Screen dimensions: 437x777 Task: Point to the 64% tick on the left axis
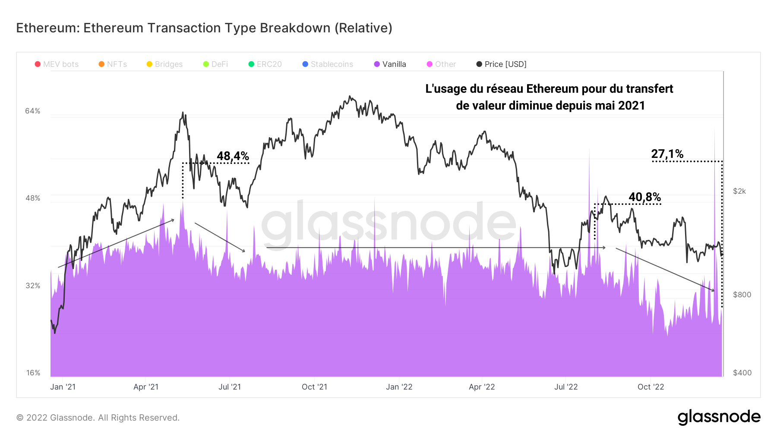pos(33,111)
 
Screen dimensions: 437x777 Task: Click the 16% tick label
pos(33,373)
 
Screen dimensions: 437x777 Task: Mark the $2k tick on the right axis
pos(739,191)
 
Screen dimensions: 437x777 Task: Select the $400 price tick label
pos(742,373)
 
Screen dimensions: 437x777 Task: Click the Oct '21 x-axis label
pos(314,387)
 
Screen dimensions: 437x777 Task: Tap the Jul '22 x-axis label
pos(566,387)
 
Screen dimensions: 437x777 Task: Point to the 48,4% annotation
pos(233,156)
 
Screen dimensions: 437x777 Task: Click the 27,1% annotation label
pos(667,154)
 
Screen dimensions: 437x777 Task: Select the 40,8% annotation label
pos(645,197)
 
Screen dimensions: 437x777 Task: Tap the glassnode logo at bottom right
pos(719,417)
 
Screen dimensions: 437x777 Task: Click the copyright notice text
pos(98,418)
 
